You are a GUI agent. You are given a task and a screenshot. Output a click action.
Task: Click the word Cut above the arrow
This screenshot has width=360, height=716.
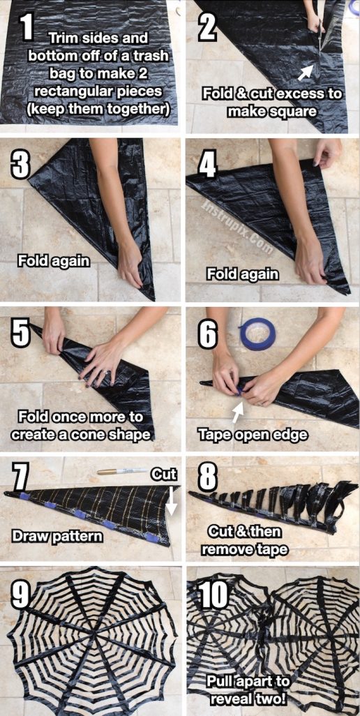coord(164,475)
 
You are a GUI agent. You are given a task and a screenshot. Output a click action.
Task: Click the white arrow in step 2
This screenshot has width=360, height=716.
coord(304,72)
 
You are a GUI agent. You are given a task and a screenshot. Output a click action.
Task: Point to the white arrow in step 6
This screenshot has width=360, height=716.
coord(238,414)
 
